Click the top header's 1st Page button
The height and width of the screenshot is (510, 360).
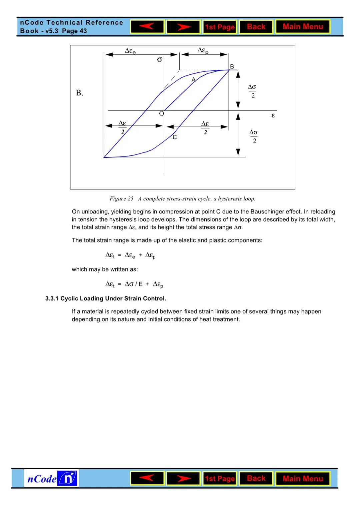pyautogui.click(x=220, y=27)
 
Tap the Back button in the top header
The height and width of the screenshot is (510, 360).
pyautogui.click(x=256, y=27)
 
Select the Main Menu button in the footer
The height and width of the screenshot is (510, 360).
pyautogui.click(x=303, y=479)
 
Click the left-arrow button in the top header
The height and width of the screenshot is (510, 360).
pyautogui.click(x=147, y=27)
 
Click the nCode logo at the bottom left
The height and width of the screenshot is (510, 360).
pyautogui.click(x=51, y=479)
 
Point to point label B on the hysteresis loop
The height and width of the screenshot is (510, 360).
pyautogui.click(x=232, y=66)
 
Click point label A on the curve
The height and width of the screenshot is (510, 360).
pyautogui.click(x=193, y=80)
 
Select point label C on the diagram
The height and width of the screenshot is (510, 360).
pyautogui.click(x=175, y=137)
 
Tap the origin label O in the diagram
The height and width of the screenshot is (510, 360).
pyautogui.click(x=161, y=114)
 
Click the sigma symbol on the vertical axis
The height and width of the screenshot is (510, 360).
pyautogui.click(x=159, y=60)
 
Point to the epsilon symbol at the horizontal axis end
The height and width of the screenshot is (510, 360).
pyautogui.click(x=273, y=115)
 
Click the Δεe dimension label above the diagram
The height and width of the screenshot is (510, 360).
pyautogui.click(x=130, y=51)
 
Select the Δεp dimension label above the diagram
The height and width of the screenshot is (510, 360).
pyautogui.click(x=203, y=50)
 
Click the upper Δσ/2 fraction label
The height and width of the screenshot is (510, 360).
pyautogui.click(x=252, y=91)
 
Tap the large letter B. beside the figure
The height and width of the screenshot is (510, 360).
pyautogui.click(x=79, y=93)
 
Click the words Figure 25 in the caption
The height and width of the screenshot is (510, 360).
pyautogui.click(x=121, y=199)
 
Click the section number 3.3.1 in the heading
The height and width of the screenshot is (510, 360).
pyautogui.click(x=52, y=299)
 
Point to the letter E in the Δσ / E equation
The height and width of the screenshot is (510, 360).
pyautogui.click(x=140, y=284)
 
